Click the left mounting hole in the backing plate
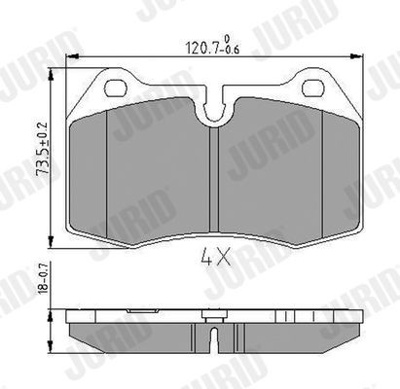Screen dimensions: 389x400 114,89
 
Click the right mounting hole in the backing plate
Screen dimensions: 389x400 313,89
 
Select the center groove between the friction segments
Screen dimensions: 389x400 216,185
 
